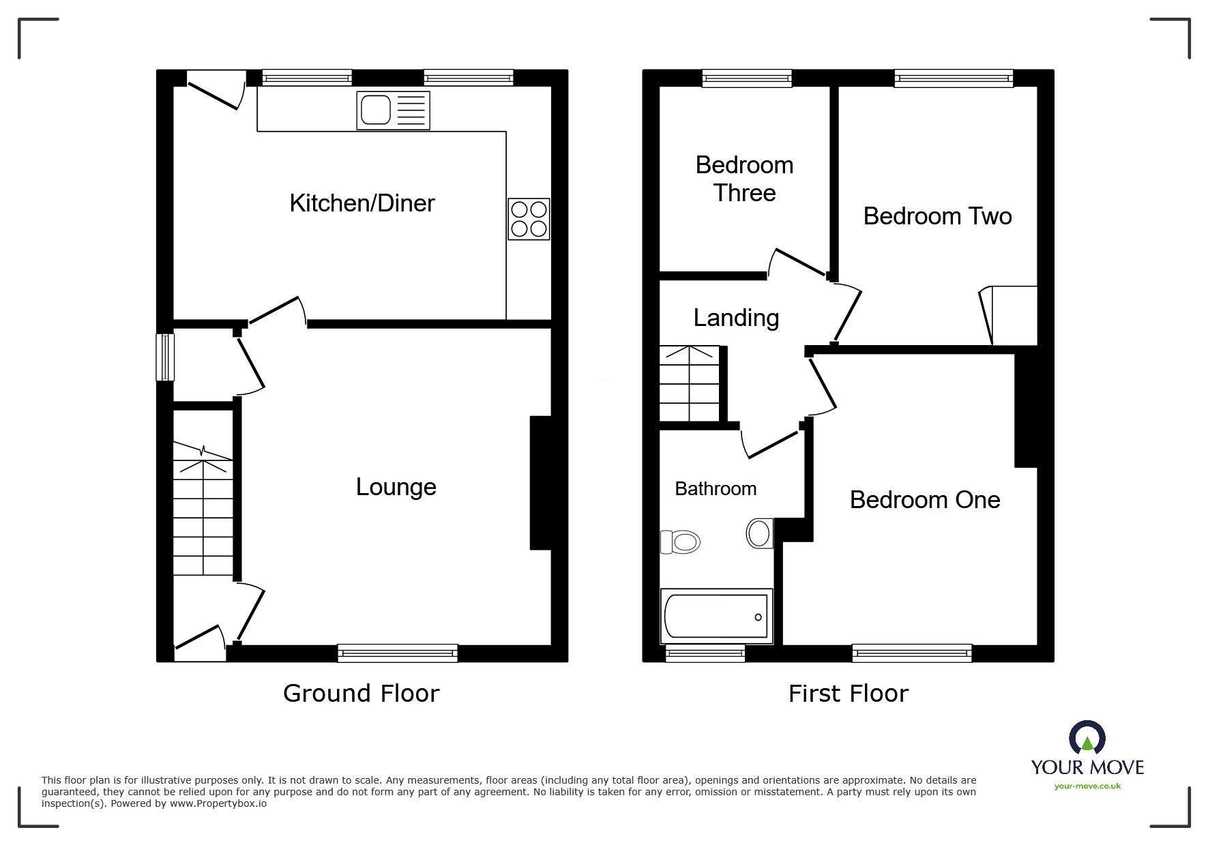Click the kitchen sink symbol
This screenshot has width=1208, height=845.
coord(393,110)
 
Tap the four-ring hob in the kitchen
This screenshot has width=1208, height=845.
coord(529,219)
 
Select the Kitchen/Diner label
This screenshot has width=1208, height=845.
coord(362,203)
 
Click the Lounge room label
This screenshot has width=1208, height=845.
coord(396,487)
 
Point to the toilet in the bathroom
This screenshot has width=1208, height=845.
coord(681,542)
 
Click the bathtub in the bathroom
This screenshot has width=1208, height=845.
coord(716,616)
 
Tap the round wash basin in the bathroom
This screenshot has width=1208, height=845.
coord(758,533)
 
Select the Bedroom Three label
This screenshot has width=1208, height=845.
coord(744,179)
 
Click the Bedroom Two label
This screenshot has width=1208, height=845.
coord(937,216)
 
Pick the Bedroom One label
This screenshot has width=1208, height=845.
coord(924,500)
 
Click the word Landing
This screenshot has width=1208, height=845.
coord(736,318)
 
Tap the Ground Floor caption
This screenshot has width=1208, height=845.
coord(361,693)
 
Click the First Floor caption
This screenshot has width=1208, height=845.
coord(848,694)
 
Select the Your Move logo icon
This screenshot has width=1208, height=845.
coord(1087,738)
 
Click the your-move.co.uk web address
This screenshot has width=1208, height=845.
coord(1087,786)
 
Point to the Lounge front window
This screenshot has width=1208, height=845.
coord(398,653)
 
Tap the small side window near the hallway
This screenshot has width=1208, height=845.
coord(165,357)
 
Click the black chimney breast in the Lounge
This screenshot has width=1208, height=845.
coord(540,482)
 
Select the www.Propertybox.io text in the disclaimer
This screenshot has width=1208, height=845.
coord(218,803)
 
